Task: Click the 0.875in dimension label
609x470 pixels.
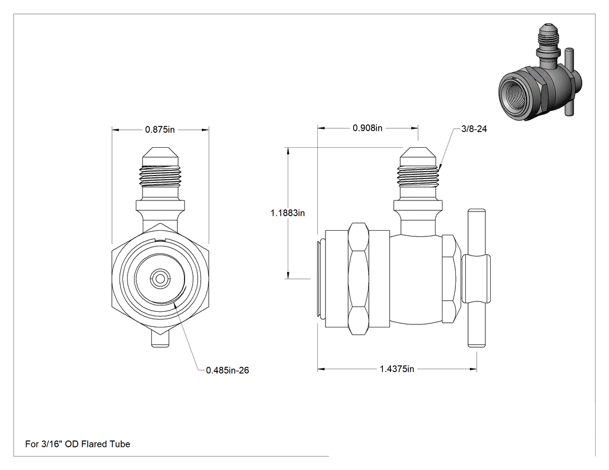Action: pos(160,129)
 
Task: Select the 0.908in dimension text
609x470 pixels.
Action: pos(367,127)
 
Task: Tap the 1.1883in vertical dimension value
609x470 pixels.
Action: pos(288,213)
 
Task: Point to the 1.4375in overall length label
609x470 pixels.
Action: pos(397,369)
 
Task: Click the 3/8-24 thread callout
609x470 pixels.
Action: pos(474,129)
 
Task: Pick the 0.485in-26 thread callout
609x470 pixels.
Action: pos(227,370)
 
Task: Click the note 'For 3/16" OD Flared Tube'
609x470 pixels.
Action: pos(78,444)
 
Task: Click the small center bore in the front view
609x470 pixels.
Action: pos(159,279)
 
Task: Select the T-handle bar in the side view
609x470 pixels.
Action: pos(476,278)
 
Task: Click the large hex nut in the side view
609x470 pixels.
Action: pos(358,278)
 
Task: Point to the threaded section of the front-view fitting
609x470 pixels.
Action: pos(161,176)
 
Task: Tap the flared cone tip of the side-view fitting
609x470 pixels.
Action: pos(418,156)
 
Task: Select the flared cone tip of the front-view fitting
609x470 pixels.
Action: pos(161,156)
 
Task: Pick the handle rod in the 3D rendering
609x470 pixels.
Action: pos(570,82)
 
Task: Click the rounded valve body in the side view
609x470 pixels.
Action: pos(416,279)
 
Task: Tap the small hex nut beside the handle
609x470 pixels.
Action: pos(449,279)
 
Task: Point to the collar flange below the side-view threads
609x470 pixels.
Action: pos(418,205)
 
